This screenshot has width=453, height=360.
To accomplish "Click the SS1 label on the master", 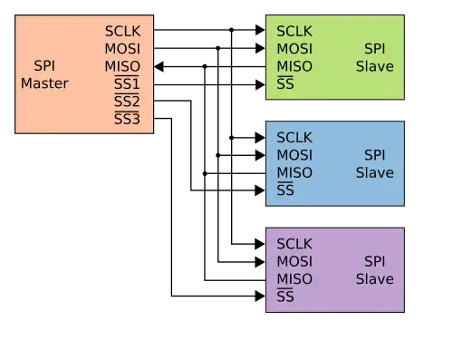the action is pyautogui.click(x=127, y=83).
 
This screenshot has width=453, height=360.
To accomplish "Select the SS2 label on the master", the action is pyautogui.click(x=127, y=101).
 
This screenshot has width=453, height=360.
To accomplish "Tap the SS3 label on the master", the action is pyautogui.click(x=127, y=119).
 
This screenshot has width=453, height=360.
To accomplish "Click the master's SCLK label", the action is pyautogui.click(x=122, y=31).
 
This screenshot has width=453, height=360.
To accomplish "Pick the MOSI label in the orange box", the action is pyautogui.click(x=122, y=49).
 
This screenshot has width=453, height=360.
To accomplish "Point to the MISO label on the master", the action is pyautogui.click(x=122, y=66).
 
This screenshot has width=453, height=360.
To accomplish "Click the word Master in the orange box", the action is pyautogui.click(x=44, y=83).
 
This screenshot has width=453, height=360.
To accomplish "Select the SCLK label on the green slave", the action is pyautogui.click(x=294, y=31).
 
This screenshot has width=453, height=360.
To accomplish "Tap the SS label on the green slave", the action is pyautogui.click(x=285, y=83).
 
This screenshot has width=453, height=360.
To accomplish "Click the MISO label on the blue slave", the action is pyautogui.click(x=294, y=173).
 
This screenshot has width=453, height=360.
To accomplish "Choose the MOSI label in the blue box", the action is pyautogui.click(x=294, y=155).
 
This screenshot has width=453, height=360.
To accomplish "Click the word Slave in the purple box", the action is pyautogui.click(x=375, y=279).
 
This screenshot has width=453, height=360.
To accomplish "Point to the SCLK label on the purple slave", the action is pyautogui.click(x=294, y=244).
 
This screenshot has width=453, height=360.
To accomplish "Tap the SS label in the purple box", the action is pyautogui.click(x=285, y=297).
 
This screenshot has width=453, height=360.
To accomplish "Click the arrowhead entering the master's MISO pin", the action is pyautogui.click(x=159, y=66).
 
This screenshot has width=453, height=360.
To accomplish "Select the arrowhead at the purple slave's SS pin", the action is pyautogui.click(x=260, y=297).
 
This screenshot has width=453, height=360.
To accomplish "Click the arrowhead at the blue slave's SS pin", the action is pyautogui.click(x=260, y=190).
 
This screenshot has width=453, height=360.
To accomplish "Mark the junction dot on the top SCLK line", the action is pyautogui.click(x=231, y=30).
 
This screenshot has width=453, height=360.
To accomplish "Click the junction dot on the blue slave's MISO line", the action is pyautogui.click(x=205, y=173).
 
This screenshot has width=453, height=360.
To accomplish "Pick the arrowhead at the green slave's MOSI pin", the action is pyautogui.click(x=260, y=48).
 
